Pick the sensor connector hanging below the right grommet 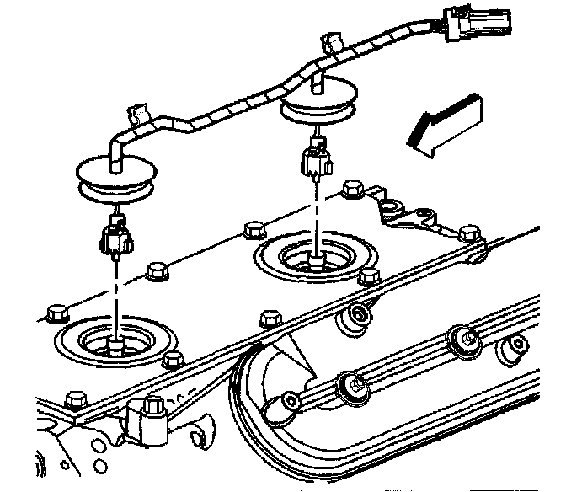(316, 158)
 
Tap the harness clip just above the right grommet (331, 45)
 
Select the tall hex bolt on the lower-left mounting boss (154, 409)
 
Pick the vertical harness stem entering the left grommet (115, 152)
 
